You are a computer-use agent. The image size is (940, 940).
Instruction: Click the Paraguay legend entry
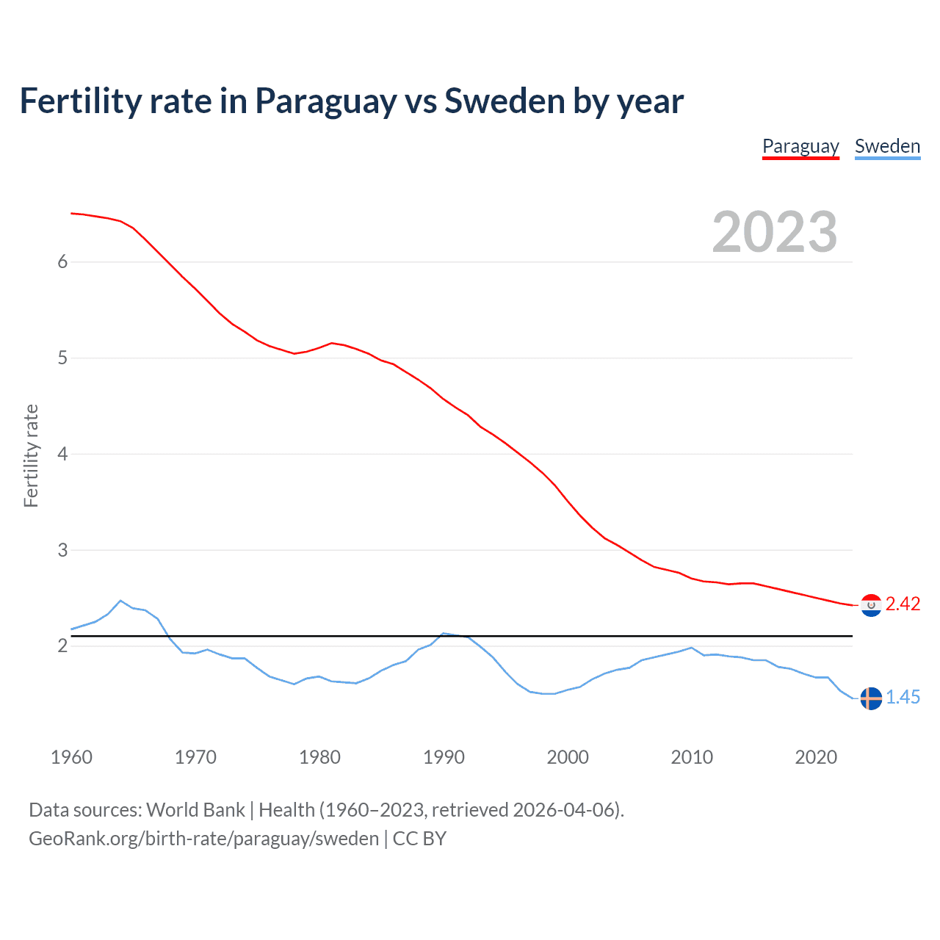800,146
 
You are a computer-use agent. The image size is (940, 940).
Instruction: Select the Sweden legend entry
887,146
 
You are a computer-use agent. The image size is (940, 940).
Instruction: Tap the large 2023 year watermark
775,232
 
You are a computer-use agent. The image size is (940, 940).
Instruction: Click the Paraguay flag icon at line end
871,605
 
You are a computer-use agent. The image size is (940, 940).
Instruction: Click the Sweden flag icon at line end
871,698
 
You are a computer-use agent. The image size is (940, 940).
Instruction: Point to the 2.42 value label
903,604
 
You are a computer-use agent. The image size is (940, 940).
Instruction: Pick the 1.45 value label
903,698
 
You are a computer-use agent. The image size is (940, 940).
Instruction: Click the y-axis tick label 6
62,262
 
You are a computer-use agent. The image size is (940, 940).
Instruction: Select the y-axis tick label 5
62,358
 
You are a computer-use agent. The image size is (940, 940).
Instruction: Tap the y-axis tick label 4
62,455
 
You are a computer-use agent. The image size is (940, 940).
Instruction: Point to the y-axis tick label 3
62,550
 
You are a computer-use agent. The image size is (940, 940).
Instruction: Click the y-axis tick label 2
62,646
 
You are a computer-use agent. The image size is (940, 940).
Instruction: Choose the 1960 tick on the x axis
71,757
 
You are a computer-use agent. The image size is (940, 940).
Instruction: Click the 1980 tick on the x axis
319,757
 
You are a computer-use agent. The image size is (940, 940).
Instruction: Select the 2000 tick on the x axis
568,757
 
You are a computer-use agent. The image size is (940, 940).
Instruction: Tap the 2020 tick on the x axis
816,757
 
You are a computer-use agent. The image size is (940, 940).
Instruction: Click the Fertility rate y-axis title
31,455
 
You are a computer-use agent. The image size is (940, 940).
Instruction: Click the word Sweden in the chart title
505,101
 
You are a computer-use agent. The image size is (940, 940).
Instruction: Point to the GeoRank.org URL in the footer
203,839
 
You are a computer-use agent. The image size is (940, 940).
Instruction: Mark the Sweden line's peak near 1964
120,601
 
